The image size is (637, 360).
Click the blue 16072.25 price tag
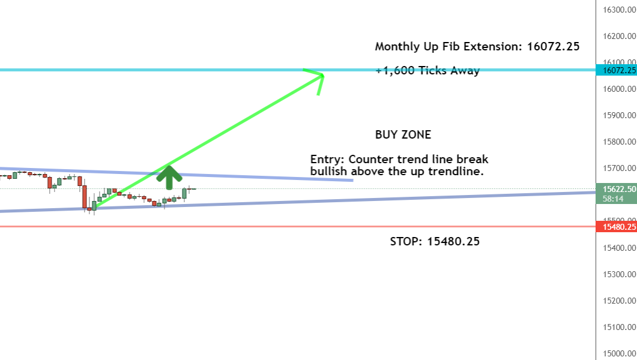point(616,70)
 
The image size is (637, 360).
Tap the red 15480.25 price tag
point(616,226)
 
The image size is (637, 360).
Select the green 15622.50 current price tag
point(616,189)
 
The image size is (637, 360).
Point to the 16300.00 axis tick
point(620,10)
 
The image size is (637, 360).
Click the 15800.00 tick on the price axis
point(620,142)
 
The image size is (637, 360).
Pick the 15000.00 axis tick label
point(620,353)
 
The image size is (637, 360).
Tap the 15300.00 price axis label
point(620,274)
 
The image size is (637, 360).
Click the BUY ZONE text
point(403,135)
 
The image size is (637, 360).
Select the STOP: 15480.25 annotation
point(435,241)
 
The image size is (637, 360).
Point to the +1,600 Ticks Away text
point(428,71)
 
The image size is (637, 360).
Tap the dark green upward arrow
point(169,178)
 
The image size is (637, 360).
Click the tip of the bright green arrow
point(324,74)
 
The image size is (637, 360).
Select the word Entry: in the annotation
point(328,159)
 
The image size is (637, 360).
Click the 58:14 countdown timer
point(613,199)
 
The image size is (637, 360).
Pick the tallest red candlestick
point(85,197)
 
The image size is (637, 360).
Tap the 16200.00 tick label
point(620,36)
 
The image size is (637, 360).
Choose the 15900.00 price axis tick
point(620,115)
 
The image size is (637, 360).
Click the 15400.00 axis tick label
point(620,248)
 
